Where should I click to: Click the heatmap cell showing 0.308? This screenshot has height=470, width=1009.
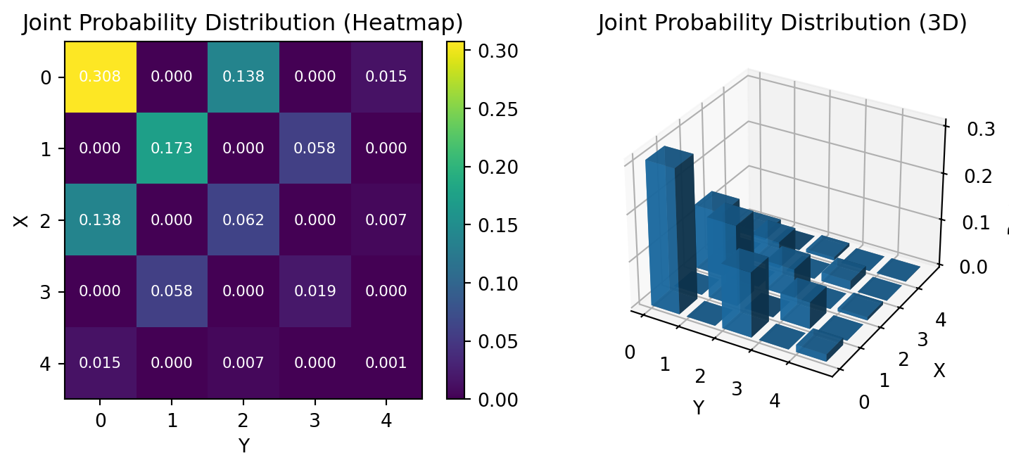(100, 77)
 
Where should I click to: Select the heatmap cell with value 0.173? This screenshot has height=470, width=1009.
(172, 148)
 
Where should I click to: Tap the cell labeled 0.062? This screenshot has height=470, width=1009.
(243, 220)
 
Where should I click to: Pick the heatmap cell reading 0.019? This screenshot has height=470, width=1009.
(315, 291)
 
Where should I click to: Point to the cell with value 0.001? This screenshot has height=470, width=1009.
(386, 363)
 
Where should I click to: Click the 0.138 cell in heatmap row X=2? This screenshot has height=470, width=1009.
(100, 220)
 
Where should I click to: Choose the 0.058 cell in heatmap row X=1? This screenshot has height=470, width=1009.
(315, 148)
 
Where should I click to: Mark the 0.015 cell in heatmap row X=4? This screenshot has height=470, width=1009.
(100, 363)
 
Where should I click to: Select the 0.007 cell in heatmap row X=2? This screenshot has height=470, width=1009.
(386, 220)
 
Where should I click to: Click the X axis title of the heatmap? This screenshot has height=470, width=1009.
(20, 220)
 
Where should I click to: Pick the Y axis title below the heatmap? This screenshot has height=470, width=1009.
(243, 445)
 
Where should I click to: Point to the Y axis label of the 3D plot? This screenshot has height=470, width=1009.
(698, 407)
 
